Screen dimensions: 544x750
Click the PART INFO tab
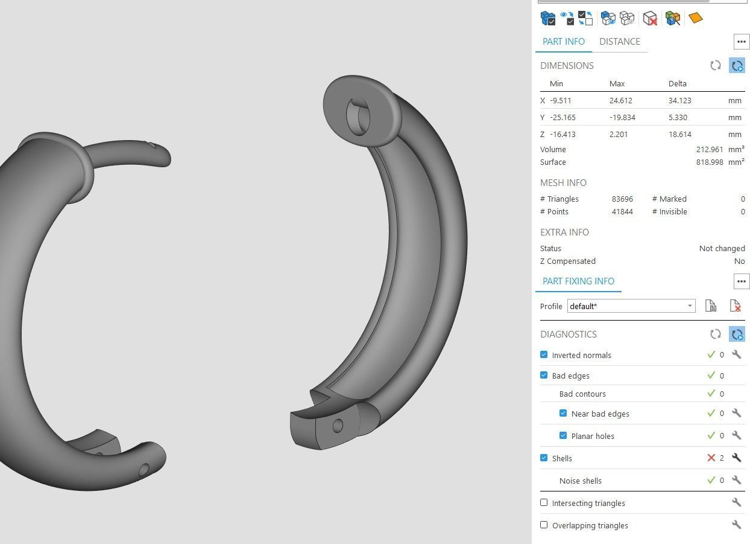coord(563,42)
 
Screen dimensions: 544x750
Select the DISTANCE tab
coord(619,42)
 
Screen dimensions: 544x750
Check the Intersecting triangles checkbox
coord(544,502)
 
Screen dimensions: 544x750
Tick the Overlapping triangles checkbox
coord(544,525)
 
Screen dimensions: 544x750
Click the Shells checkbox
coord(544,458)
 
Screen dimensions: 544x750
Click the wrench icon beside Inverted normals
coord(736,354)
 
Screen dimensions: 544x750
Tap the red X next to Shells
coord(711,458)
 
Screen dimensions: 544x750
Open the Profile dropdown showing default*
coord(631,306)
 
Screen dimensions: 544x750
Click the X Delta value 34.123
coord(679,101)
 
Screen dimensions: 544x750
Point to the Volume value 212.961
coord(709,150)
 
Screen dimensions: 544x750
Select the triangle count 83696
coord(622,199)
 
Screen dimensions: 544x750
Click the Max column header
coord(617,84)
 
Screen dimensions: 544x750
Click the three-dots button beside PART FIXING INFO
coord(741,281)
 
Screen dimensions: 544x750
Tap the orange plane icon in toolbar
coord(695,18)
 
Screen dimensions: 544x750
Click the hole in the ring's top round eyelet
coord(359,116)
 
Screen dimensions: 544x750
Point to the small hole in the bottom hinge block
coord(338,426)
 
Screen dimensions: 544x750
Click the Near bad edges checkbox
coord(563,413)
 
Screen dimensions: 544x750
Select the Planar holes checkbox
coord(563,435)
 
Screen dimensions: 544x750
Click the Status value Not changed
coord(722,249)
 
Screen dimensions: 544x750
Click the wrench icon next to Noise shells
coord(736,480)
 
